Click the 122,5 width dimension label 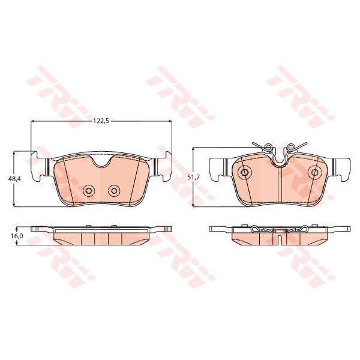pyautogui.click(x=101, y=121)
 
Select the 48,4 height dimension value pyautogui.click(x=14, y=179)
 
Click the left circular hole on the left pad pyautogui.click(x=89, y=191)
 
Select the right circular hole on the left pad pyautogui.click(x=113, y=190)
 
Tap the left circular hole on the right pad pyautogui.click(x=244, y=172)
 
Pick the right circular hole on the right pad pyautogui.click(x=314, y=172)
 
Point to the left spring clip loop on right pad pyautogui.click(x=268, y=146)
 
